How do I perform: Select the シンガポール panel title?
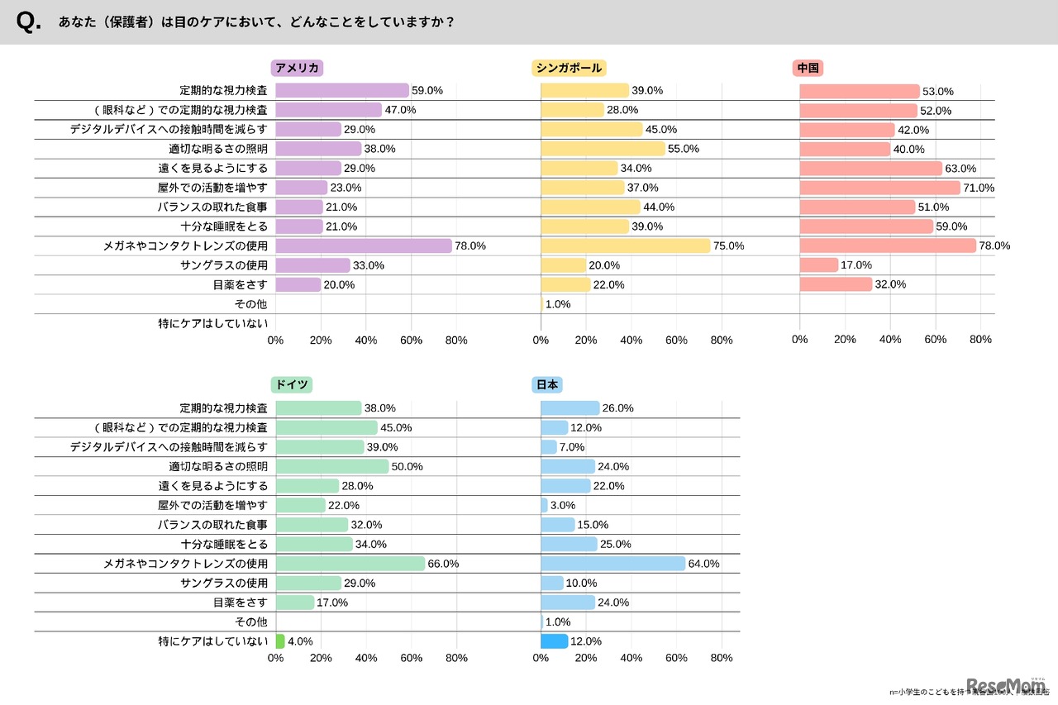point(567,69)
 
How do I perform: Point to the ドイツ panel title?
point(292,385)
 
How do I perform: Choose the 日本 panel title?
point(547,385)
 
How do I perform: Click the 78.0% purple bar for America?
point(364,245)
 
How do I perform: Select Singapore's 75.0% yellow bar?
point(626,245)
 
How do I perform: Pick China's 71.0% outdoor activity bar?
point(879,188)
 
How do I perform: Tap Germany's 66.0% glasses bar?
point(350,564)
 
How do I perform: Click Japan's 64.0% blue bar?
point(613,564)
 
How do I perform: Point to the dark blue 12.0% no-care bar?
point(554,641)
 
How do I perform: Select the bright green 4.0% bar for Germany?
point(280,641)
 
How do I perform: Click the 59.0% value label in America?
point(428,91)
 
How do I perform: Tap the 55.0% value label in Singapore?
point(684,149)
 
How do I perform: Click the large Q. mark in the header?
point(28,22)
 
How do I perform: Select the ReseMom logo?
point(1005,685)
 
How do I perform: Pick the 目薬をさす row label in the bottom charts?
point(240,603)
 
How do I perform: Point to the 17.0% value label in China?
point(856,265)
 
